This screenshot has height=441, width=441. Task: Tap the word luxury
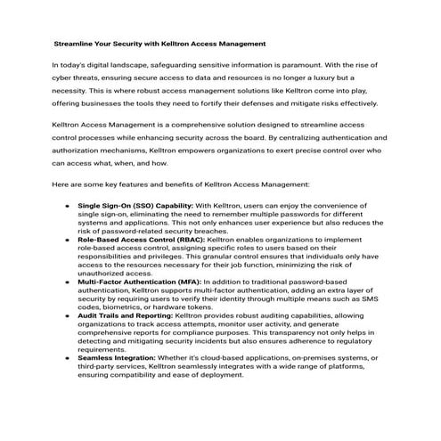(x=361, y=78)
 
